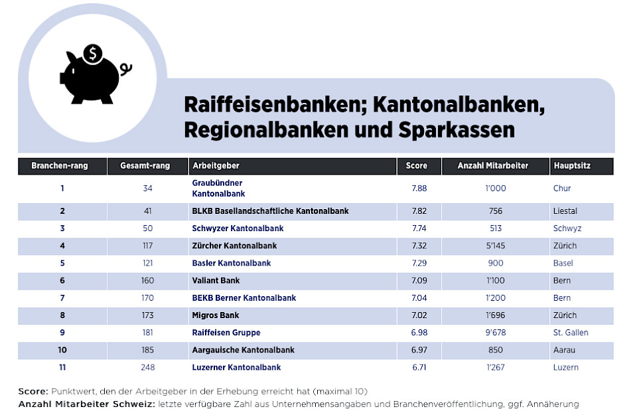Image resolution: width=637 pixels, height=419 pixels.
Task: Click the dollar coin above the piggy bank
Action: pos(94,52)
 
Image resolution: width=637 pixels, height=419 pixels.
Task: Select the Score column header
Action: pos(417,165)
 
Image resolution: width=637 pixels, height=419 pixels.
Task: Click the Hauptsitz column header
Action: pos(571,165)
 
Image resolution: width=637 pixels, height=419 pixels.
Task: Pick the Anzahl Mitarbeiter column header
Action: pos(493,165)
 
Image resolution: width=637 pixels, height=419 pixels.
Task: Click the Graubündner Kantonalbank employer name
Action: pos(218,188)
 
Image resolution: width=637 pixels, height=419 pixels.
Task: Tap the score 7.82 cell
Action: pos(419,211)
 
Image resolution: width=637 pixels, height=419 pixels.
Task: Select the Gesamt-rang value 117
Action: pos(147,246)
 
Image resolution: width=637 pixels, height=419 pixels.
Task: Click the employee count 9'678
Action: pos(495,333)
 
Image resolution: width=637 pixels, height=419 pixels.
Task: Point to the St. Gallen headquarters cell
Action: pos(571,333)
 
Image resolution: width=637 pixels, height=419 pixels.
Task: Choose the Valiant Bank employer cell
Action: pos(216,281)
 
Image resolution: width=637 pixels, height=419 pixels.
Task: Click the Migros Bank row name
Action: pos(216,315)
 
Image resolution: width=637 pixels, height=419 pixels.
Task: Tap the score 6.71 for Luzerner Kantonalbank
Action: pos(419,367)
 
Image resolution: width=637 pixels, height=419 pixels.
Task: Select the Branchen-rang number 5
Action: pos(62,263)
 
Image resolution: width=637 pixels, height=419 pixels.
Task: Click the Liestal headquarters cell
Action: pos(565,211)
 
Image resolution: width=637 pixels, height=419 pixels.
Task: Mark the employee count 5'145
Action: pos(495,246)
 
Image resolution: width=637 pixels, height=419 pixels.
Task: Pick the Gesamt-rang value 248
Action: pos(147,367)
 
